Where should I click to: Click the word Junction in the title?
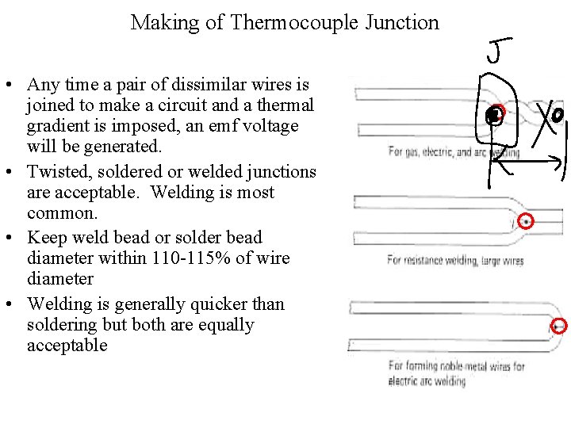pyautogui.click(x=402, y=23)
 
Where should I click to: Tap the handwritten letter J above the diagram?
pyautogui.click(x=496, y=52)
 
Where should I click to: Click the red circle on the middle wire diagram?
pyautogui.click(x=525, y=222)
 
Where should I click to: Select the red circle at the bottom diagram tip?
pyautogui.click(x=558, y=325)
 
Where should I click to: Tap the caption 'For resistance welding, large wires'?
pyautogui.click(x=455, y=260)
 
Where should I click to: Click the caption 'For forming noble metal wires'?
pyautogui.click(x=456, y=366)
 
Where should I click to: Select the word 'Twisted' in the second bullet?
pyautogui.click(x=56, y=172)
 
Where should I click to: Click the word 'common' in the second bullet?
pyautogui.click(x=60, y=213)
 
